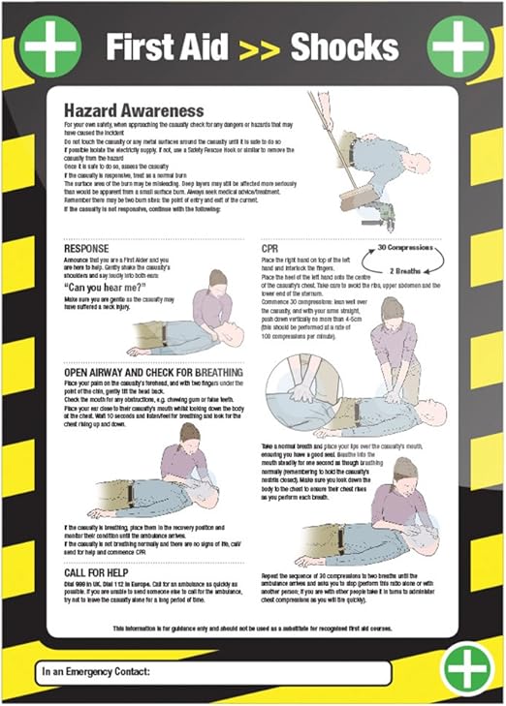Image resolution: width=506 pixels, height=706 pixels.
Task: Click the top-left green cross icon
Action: click(50, 46)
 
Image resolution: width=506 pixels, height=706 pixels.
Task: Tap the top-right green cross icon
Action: click(459, 46)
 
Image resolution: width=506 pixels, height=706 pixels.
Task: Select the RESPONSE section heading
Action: click(85, 248)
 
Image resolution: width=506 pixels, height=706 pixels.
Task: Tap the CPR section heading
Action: click(271, 248)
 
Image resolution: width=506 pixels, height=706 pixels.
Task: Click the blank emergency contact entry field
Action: click(271, 670)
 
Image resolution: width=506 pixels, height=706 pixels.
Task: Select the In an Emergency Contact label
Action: click(97, 670)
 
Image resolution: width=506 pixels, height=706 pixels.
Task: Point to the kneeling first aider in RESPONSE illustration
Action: click(212, 302)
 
